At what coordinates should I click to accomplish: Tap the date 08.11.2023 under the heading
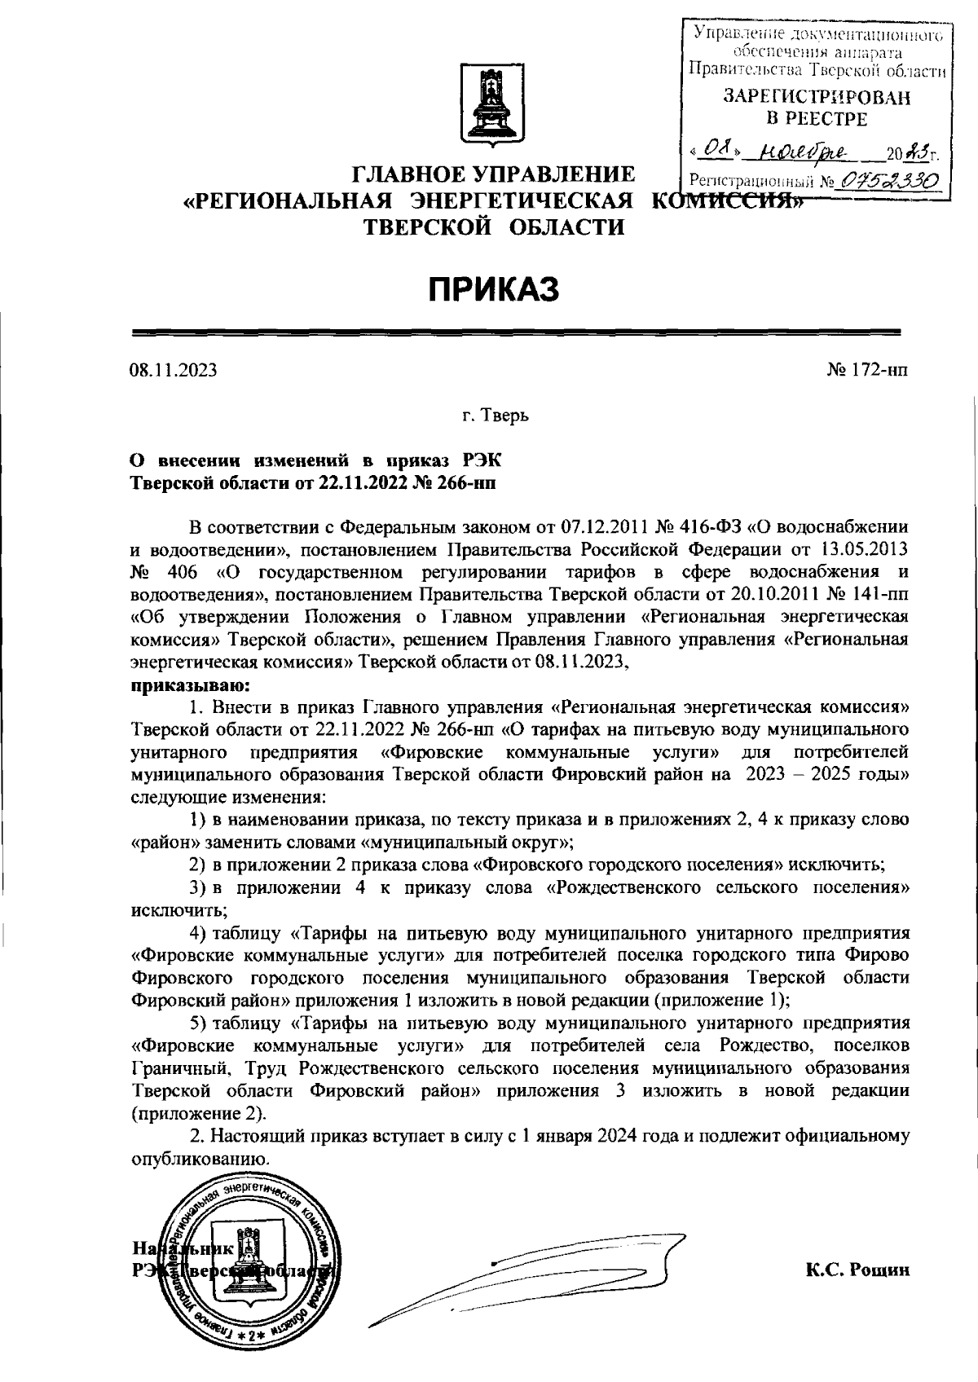pyautogui.click(x=174, y=371)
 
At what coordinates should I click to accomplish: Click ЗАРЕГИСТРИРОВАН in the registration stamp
pyautogui.click(x=817, y=97)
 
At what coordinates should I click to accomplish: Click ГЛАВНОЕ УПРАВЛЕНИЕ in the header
pyautogui.click(x=494, y=174)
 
